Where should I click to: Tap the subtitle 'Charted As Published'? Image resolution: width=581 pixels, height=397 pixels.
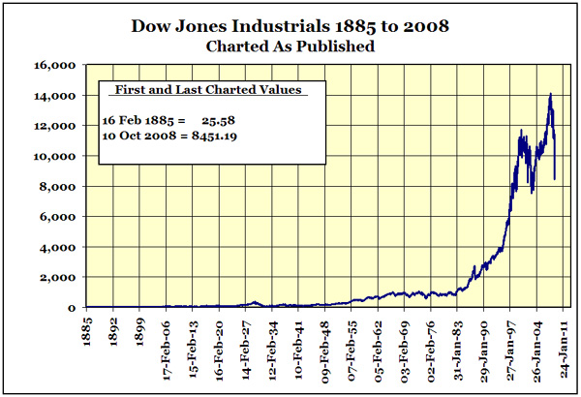tap(290, 45)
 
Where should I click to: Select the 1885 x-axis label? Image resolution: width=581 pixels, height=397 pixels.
tap(87, 329)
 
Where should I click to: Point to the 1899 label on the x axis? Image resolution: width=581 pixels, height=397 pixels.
tap(141, 329)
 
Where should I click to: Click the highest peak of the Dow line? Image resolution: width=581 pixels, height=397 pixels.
tap(550, 94)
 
